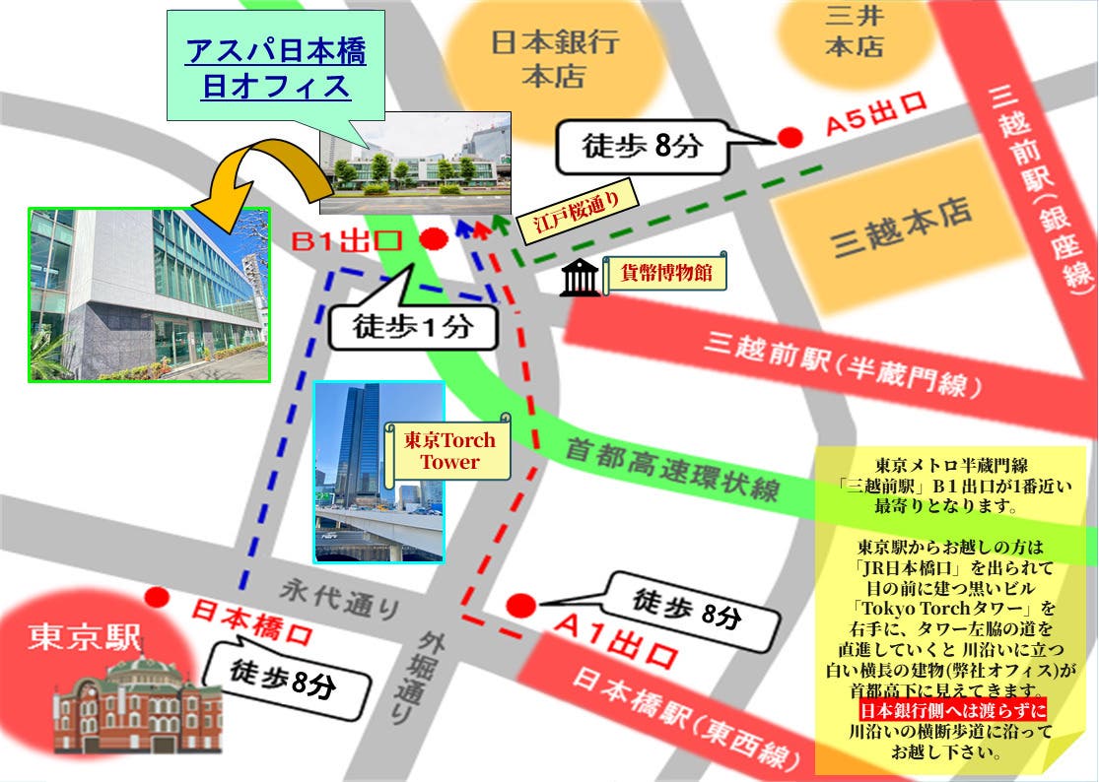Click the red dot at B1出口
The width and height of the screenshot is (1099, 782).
click(x=434, y=239)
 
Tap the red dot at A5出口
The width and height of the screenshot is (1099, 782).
click(x=790, y=138)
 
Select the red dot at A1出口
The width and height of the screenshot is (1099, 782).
click(x=520, y=605)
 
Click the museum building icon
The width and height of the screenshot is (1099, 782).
click(x=580, y=279)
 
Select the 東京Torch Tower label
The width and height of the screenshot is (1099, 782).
click(x=449, y=451)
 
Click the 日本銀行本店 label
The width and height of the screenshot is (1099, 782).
click(x=555, y=58)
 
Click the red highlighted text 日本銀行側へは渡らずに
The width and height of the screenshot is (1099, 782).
click(x=951, y=711)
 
